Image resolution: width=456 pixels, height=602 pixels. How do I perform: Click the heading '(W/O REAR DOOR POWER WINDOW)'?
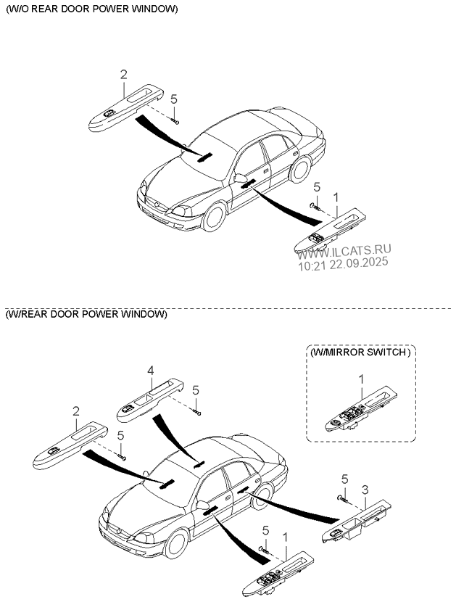pyautogui.click(x=91, y=9)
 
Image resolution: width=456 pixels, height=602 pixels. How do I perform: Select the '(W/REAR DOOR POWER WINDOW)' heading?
pyautogui.click(x=86, y=314)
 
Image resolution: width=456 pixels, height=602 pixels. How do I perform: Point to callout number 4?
pyautogui.click(x=151, y=371)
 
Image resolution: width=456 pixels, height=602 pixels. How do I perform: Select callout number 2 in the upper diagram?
pyautogui.click(x=123, y=74)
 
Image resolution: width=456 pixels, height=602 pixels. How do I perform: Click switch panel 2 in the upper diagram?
pyautogui.click(x=124, y=107)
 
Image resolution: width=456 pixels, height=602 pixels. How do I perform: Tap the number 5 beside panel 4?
pyautogui.click(x=196, y=390)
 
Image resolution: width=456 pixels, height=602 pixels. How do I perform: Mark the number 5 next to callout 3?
pyautogui.click(x=344, y=479)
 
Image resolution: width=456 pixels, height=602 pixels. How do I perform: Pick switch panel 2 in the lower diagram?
pyautogui.click(x=71, y=443)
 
